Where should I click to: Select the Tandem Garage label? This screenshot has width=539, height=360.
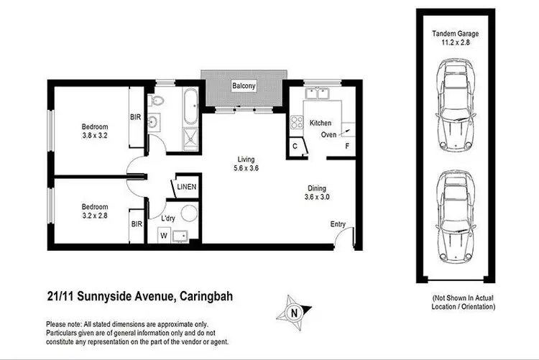coord(455,38)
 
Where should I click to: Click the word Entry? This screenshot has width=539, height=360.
coord(338,224)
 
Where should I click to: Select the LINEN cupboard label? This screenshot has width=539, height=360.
coord(187,188)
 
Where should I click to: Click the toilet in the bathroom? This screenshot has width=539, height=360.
coord(160,101)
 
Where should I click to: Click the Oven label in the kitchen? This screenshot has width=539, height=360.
coord(328,134)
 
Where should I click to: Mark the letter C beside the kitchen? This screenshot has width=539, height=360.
coord(295,147)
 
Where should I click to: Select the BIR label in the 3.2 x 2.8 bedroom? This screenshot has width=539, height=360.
coord(136,224)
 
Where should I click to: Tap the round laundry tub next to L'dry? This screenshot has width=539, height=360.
coord(188,213)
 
